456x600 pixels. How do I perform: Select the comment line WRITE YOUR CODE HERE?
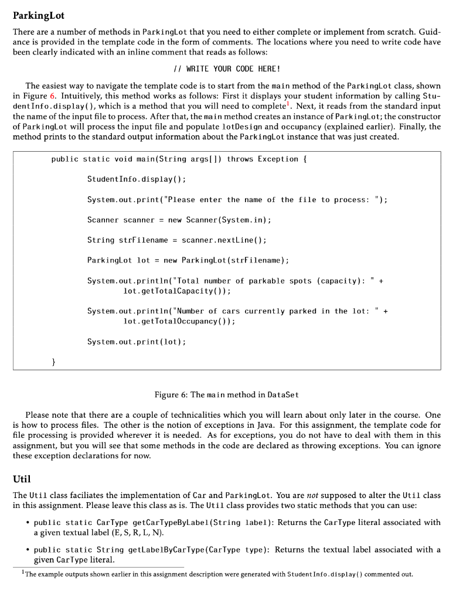pos(227,69)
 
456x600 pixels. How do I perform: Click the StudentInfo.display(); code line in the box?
pos(136,179)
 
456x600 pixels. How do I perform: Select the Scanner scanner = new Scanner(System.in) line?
pos(179,220)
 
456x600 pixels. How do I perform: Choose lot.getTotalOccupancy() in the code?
pos(179,322)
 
